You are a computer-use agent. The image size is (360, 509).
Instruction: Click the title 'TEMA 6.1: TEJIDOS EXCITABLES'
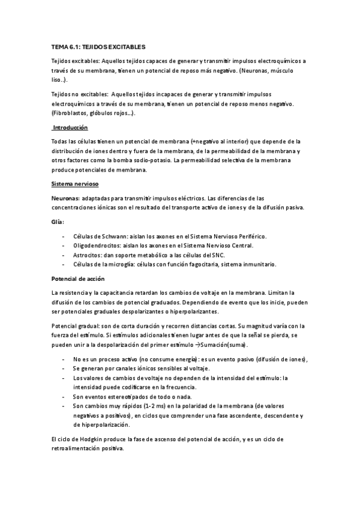pyautogui.click(x=98, y=46)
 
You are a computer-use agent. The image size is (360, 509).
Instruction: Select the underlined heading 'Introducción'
pyautogui.click(x=70, y=128)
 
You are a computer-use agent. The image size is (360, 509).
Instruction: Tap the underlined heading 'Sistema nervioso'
pyautogui.click(x=75, y=183)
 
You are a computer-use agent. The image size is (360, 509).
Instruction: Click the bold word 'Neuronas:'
pyautogui.click(x=66, y=197)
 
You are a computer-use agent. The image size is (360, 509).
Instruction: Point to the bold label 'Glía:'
pyautogui.click(x=59, y=221)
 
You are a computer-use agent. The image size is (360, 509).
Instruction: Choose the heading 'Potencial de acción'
pyautogui.click(x=78, y=279)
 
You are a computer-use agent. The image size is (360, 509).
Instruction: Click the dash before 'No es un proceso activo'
pyautogui.click(x=64, y=358)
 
